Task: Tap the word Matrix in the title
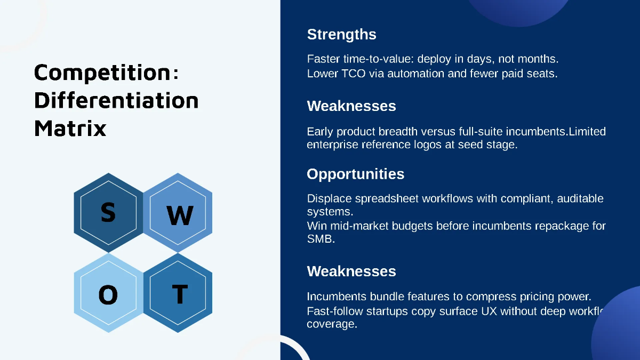click(x=70, y=128)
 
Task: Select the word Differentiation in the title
click(x=116, y=100)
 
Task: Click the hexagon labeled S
click(x=108, y=212)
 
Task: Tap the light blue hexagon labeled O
click(x=108, y=294)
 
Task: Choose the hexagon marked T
click(x=178, y=294)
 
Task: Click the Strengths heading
click(x=341, y=35)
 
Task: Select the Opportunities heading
click(x=355, y=174)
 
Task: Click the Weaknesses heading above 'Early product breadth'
click(x=351, y=106)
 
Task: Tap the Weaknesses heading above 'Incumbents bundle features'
click(x=351, y=271)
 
